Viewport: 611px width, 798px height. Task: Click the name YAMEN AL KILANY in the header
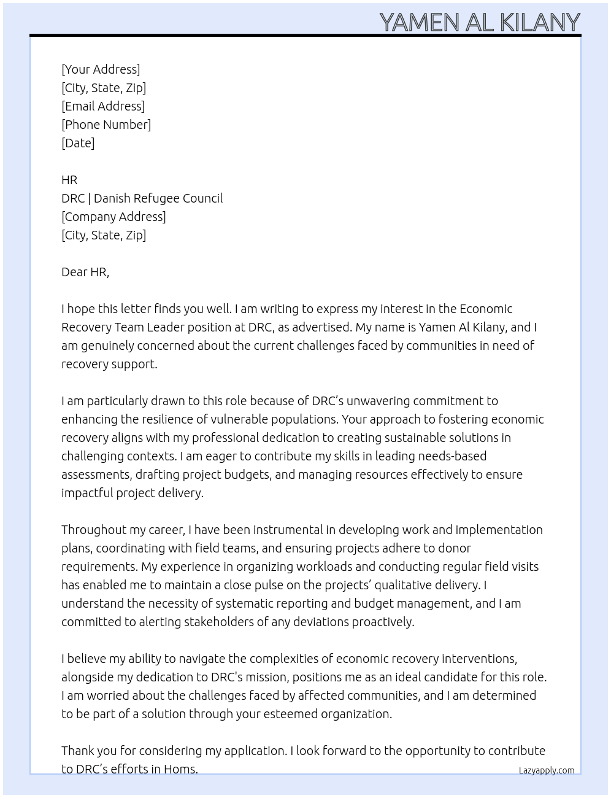[x=480, y=22]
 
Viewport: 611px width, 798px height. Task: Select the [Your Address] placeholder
[x=101, y=69]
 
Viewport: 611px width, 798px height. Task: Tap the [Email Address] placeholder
[x=103, y=106]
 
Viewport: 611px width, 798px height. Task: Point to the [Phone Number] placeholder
[x=106, y=125]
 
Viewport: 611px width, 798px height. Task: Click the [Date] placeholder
[x=78, y=143]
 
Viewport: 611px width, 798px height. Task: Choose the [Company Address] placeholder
[x=113, y=217]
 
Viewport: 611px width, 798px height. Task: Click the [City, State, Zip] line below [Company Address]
[x=104, y=235]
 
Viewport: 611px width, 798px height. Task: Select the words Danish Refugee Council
[x=158, y=198]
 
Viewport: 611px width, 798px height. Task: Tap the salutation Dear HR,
[x=85, y=272]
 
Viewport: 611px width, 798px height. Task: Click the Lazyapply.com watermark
[x=547, y=770]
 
